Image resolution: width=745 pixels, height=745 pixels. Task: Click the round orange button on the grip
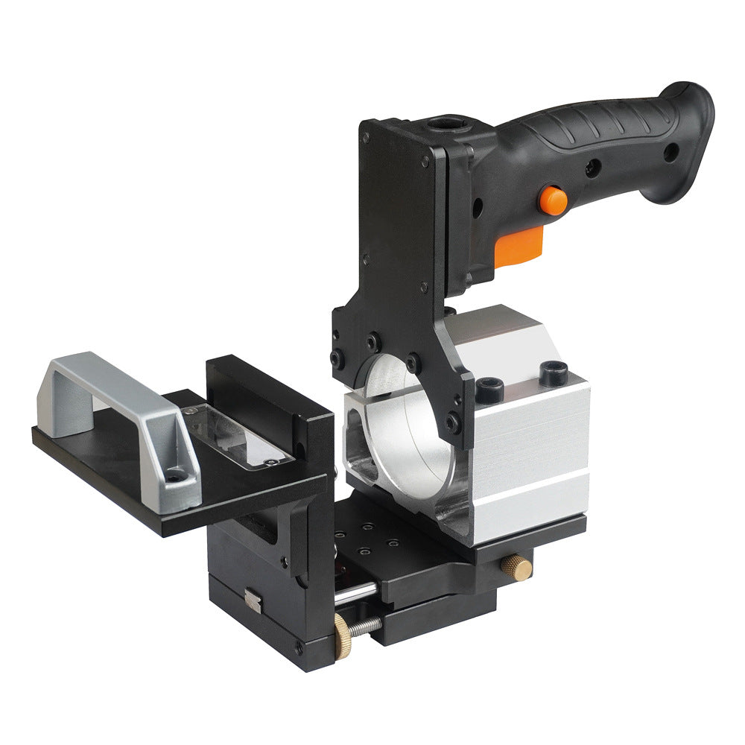(552, 200)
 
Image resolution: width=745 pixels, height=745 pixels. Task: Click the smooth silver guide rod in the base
(356, 595)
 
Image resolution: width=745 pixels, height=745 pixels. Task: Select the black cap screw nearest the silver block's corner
(554, 372)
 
